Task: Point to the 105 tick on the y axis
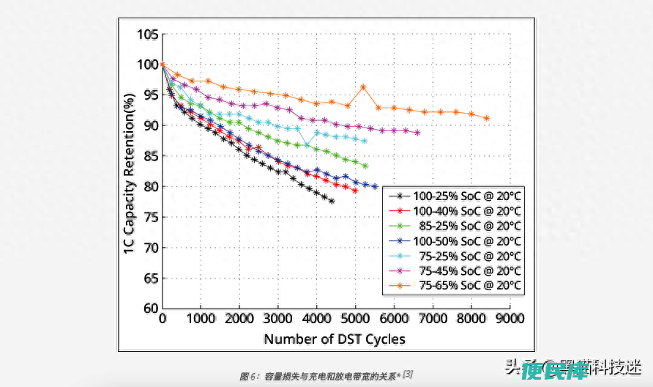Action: coord(147,34)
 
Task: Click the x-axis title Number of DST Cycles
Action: coord(335,339)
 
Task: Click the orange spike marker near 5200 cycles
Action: coord(363,87)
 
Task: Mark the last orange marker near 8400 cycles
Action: coord(486,118)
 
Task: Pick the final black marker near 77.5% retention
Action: coord(332,201)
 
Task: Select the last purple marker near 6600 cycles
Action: coord(417,133)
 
